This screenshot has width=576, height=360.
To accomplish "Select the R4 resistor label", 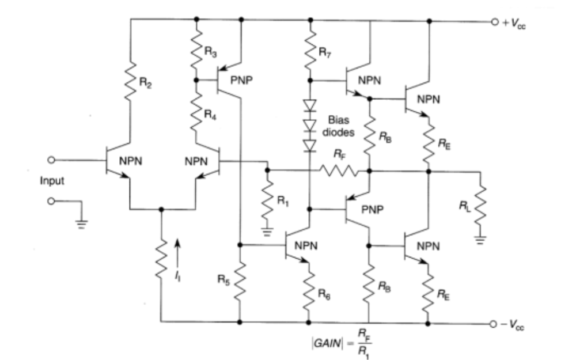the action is pyautogui.click(x=210, y=115).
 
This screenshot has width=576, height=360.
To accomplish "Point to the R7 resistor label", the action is pyautogui.click(x=325, y=52).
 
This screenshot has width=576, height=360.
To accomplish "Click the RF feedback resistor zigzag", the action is pyautogui.click(x=338, y=171).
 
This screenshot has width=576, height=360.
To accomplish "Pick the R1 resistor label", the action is pyautogui.click(x=282, y=200).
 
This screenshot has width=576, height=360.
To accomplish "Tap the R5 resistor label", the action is pyautogui.click(x=223, y=279).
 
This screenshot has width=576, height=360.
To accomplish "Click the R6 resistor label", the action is pyautogui.click(x=324, y=294).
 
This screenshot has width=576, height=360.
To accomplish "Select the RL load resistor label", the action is pyautogui.click(x=465, y=206).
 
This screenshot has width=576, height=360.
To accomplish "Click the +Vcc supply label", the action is pyautogui.click(x=514, y=23).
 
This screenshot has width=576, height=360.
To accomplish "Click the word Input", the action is pyautogui.click(x=52, y=181).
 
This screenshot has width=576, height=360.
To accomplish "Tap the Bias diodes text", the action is pyautogui.click(x=338, y=126).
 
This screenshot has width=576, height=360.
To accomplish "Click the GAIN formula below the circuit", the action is pyautogui.click(x=342, y=343).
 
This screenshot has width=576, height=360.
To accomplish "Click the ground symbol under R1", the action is pyautogui.click(x=267, y=232).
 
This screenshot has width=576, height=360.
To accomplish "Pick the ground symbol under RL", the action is pyautogui.click(x=480, y=240).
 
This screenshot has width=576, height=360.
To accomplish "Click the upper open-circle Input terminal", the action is pyautogui.click(x=51, y=160).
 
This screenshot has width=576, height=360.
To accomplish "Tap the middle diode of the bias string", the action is pyautogui.click(x=310, y=126).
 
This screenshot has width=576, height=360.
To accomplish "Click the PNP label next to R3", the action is pyautogui.click(x=241, y=80).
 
